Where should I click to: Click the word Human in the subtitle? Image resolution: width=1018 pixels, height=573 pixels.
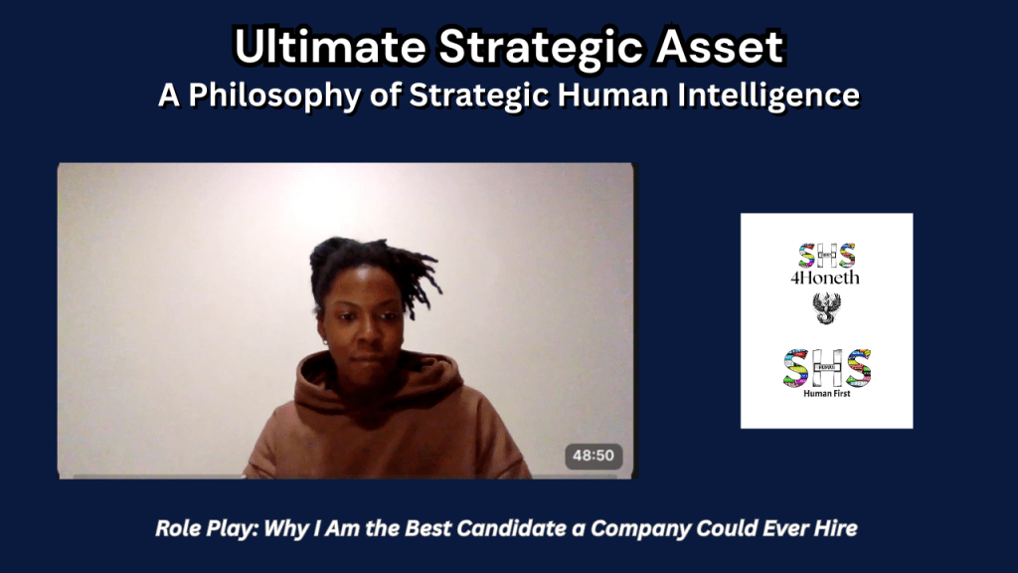594,95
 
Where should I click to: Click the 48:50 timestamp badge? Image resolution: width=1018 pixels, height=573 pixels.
594,457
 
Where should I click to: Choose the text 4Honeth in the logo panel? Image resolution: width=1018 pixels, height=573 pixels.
825,279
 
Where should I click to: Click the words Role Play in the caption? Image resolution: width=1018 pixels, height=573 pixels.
198,528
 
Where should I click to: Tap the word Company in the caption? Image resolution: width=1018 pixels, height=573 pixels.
637,528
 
